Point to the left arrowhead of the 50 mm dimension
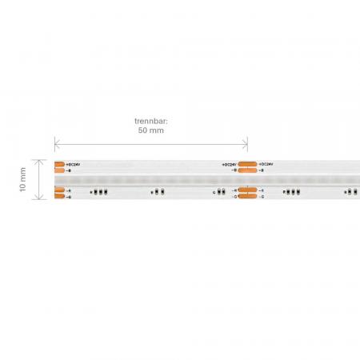56,143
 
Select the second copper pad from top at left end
59,170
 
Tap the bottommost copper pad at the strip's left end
59,196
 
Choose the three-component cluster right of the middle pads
290,192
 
